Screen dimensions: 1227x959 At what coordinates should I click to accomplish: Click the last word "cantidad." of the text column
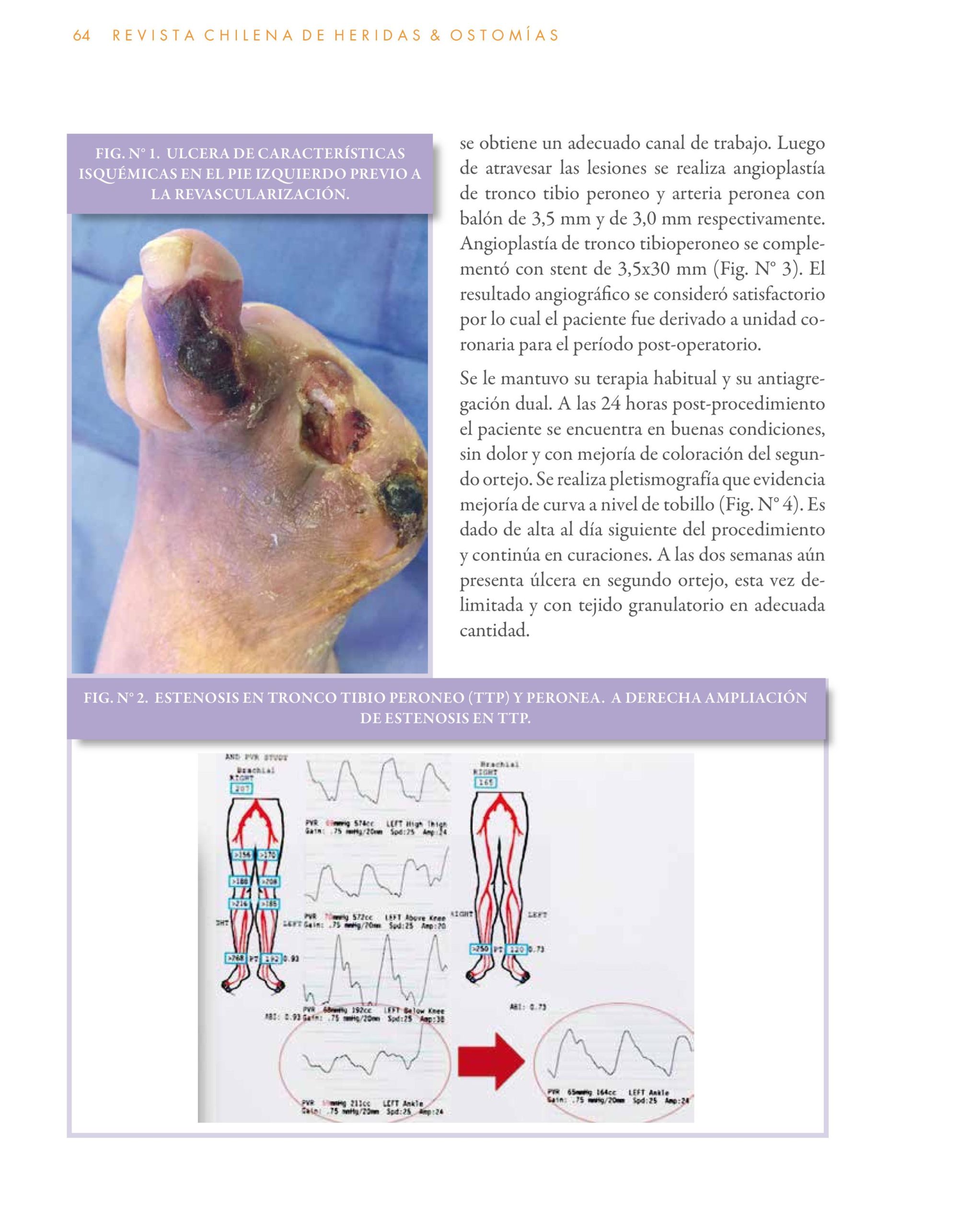pos(495,630)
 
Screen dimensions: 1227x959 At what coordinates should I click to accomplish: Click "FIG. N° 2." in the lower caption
pos(116,698)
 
